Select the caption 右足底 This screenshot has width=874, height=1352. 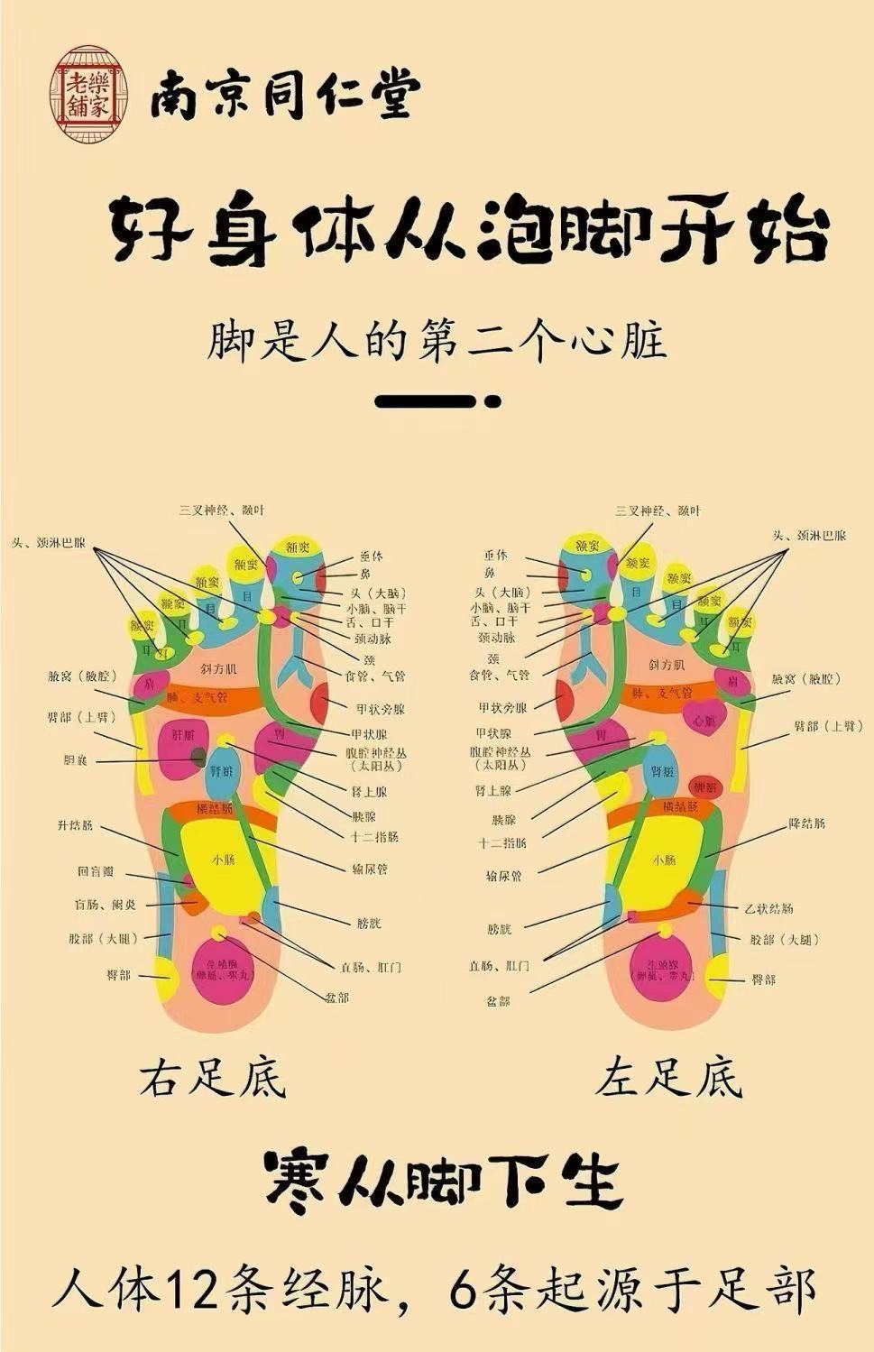pos(213,1078)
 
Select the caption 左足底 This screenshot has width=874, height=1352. pos(668,1078)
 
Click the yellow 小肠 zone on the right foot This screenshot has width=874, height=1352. pos(222,861)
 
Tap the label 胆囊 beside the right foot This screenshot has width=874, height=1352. pos(75,761)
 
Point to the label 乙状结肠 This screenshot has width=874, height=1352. pos(769,907)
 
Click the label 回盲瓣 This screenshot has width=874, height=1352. pos(96,872)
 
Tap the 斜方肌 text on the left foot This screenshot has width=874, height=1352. pos(667,665)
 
